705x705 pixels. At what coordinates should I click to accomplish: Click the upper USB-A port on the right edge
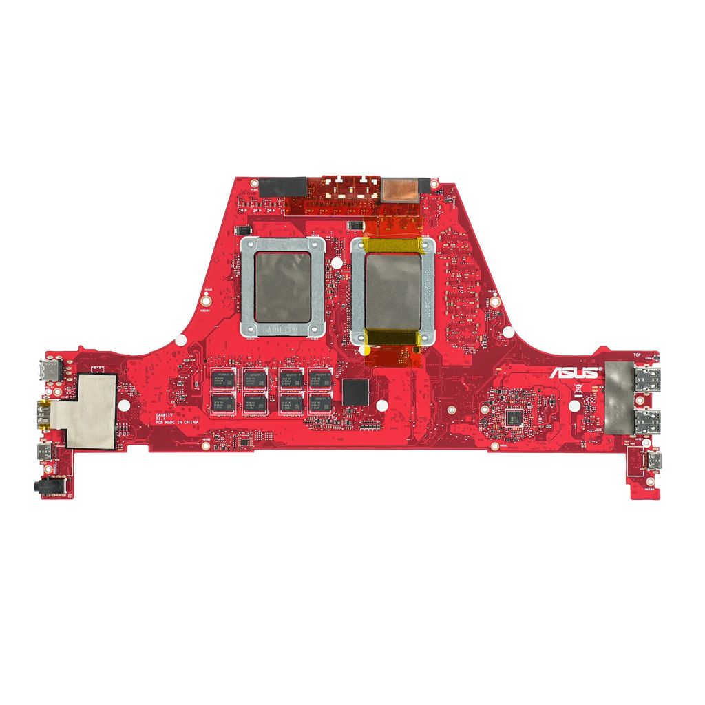click(x=647, y=379)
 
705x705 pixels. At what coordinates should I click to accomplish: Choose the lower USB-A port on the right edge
click(x=647, y=421)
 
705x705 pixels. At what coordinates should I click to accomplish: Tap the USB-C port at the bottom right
click(x=650, y=460)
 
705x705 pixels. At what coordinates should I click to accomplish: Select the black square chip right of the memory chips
click(x=355, y=391)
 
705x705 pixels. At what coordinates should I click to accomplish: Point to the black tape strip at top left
click(x=283, y=186)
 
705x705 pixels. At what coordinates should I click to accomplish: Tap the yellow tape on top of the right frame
click(x=393, y=245)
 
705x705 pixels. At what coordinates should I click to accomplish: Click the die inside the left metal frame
click(x=282, y=287)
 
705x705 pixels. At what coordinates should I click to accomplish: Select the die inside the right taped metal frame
click(x=392, y=291)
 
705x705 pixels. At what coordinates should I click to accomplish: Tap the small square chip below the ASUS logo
click(x=513, y=416)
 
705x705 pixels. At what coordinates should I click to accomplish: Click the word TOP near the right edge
click(x=638, y=355)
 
